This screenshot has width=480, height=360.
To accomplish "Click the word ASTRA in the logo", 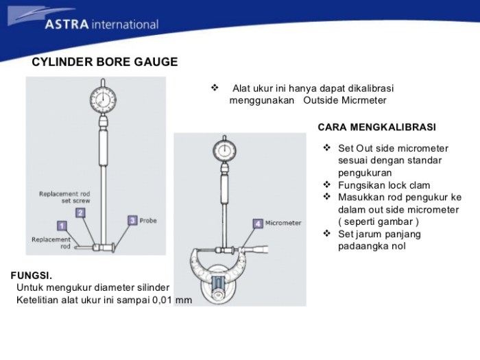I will (x=67, y=25).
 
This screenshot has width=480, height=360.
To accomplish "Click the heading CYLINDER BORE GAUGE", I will (x=105, y=62).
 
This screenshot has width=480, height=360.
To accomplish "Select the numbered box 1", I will (x=62, y=226).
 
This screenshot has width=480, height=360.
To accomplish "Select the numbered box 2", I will (x=80, y=213).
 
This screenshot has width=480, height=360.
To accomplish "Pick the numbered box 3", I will (x=132, y=220).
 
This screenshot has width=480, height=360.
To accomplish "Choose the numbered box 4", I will (x=257, y=223).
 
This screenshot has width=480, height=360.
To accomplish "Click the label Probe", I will (x=149, y=221).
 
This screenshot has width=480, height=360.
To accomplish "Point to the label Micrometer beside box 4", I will (x=283, y=223).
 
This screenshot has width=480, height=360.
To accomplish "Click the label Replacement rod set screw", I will (x=64, y=197).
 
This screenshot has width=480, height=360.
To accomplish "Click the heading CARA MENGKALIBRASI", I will (x=376, y=128).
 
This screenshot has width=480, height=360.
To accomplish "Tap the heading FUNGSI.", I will (x=32, y=275).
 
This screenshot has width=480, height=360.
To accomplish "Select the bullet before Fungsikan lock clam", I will (x=327, y=185).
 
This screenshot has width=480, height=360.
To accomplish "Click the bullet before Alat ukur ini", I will (x=214, y=88).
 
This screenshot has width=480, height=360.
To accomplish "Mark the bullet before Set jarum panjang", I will (x=327, y=234).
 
